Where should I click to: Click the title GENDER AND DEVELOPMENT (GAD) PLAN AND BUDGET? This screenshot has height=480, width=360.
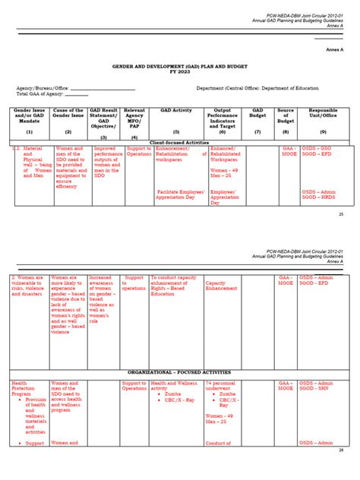[180, 68]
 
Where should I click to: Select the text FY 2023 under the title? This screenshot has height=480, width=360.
[180, 74]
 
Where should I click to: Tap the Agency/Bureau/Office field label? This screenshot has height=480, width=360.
[43, 87]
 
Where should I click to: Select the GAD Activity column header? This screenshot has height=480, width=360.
[175, 110]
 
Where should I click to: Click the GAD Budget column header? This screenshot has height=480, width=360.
[258, 115]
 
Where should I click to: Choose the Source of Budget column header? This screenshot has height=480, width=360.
[286, 115]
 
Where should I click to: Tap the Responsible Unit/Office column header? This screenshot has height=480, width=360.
[324, 115]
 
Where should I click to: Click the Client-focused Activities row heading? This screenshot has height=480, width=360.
[180, 142]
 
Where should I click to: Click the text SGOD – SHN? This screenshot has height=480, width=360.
[317, 390]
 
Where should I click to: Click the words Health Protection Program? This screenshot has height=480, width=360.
[23, 390]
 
